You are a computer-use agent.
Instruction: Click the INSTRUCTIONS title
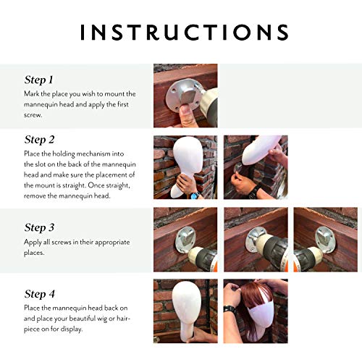(185, 32)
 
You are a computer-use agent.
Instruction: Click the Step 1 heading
(38, 80)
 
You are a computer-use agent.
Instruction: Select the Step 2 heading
(39, 140)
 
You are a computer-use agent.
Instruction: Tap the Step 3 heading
(39, 227)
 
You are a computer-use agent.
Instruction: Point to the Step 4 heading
(40, 294)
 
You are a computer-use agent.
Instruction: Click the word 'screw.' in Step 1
(33, 115)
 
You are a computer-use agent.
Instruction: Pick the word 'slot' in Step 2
(41, 164)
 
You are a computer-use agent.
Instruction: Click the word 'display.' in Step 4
(72, 329)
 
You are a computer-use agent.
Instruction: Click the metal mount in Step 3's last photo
(324, 237)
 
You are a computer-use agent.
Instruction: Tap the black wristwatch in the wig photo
(230, 309)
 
